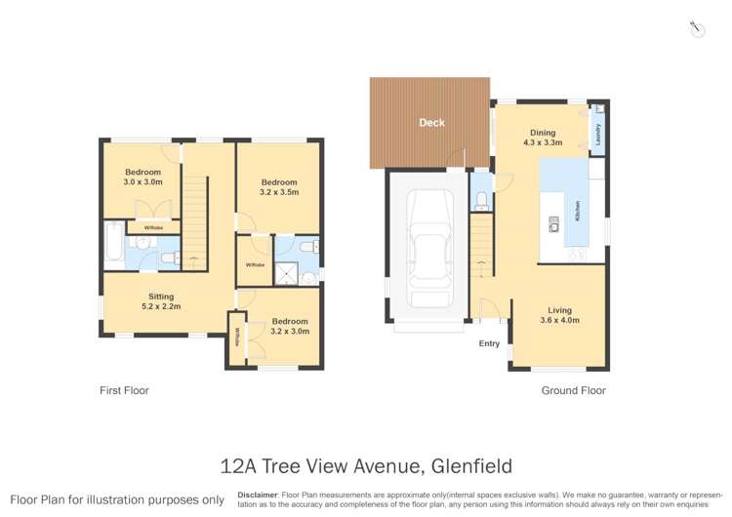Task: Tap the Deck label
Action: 431,123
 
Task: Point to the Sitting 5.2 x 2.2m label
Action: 161,301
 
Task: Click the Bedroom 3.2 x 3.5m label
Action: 278,187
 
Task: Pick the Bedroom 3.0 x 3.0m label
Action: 142,177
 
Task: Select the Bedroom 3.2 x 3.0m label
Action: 290,326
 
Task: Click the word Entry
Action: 489,343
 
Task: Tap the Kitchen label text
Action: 578,210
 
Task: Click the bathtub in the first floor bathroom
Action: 113,244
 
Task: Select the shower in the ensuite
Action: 285,274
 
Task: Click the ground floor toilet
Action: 482,200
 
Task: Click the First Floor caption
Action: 124,390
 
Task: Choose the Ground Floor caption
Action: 573,390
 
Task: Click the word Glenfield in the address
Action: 465,466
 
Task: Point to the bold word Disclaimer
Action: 258,495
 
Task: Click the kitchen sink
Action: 553,223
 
